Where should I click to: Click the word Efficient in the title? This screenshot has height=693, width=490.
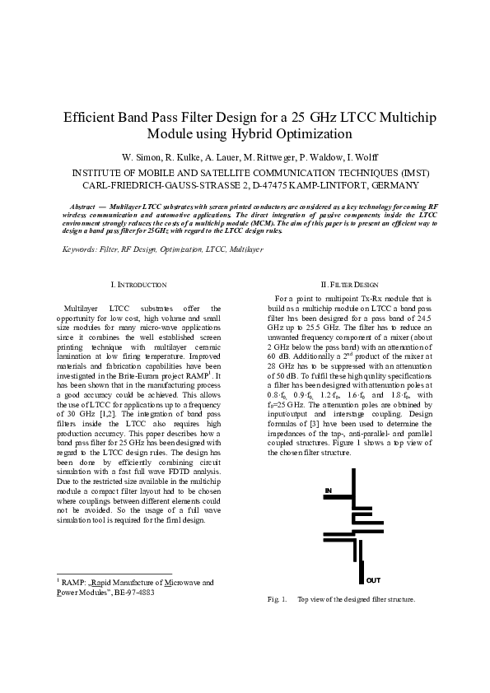tap(91, 118)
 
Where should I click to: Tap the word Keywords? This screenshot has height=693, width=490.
tap(79, 248)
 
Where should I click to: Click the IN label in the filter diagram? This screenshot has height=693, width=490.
tap(328, 491)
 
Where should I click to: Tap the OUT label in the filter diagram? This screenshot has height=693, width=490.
tap(374, 580)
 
